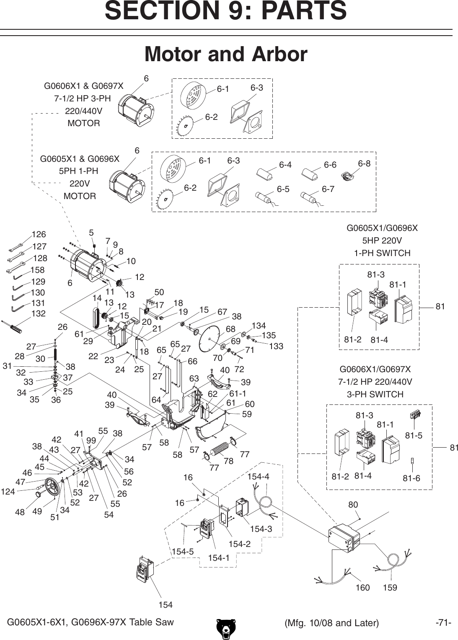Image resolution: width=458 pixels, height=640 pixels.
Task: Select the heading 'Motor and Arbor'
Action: pyautogui.click(x=226, y=54)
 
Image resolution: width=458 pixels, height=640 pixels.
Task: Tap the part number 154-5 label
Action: pyautogui.click(x=183, y=552)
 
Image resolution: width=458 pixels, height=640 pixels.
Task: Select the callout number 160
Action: pyautogui.click(x=362, y=588)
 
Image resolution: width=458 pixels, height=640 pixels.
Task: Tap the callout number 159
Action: pyautogui.click(x=390, y=588)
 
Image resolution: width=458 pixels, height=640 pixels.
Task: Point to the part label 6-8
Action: pyautogui.click(x=364, y=163)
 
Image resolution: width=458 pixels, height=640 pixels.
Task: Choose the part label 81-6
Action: pyautogui.click(x=411, y=478)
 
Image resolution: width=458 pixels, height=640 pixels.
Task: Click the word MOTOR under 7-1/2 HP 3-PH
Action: pyautogui.click(x=84, y=123)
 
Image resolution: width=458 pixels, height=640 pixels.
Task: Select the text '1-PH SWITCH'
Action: pyautogui.click(x=382, y=253)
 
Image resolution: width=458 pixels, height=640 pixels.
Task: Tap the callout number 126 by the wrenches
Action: pyautogui.click(x=39, y=234)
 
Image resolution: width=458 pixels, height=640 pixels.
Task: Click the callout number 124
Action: pyautogui.click(x=8, y=491)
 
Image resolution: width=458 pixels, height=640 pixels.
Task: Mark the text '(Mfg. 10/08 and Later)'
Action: pyautogui.click(x=331, y=623)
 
